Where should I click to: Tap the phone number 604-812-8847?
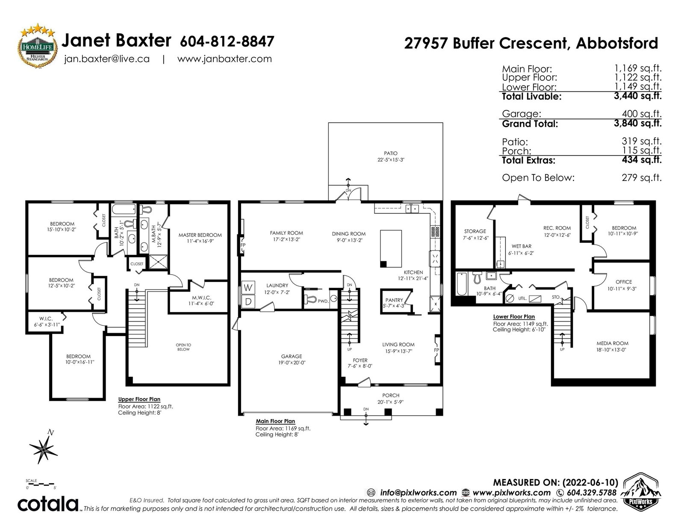tap(227, 41)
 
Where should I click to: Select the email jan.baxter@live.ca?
tap(107, 59)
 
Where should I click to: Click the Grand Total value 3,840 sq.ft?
tap(637, 123)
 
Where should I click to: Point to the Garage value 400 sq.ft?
tap(642, 113)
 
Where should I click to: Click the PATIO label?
tap(391, 154)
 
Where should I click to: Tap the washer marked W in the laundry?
tap(248, 287)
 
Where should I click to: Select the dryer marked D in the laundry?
tap(248, 301)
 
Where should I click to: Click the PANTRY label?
tap(394, 300)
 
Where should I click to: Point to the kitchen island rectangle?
tap(391, 248)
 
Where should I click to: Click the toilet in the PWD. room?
tap(311, 298)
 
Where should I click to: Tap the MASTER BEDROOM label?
tap(200, 235)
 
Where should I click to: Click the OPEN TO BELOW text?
tap(183, 347)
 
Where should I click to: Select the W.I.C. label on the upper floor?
tap(46, 319)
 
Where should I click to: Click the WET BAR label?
tap(521, 246)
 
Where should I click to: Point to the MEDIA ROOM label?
tap(612, 343)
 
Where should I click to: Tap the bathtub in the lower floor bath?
tap(461, 284)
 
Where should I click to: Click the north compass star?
tap(44, 448)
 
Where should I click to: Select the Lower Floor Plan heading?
tap(514, 317)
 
